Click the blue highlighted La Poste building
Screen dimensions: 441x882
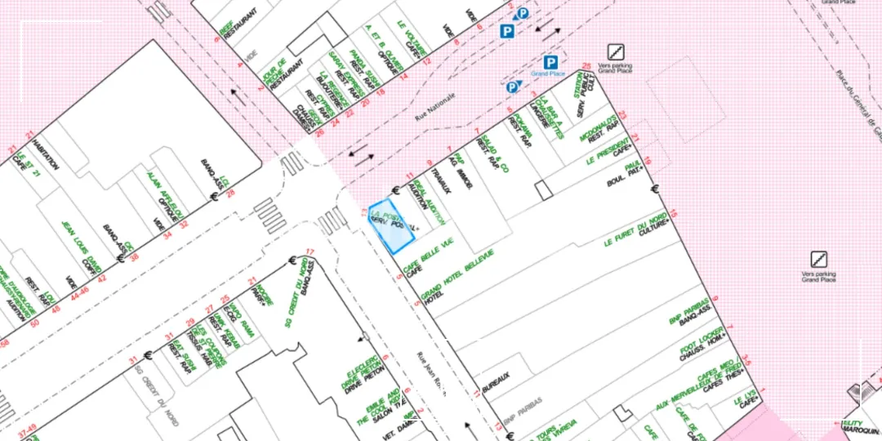[391, 225]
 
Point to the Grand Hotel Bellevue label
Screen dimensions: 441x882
[457, 274]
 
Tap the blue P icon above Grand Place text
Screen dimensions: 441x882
[550, 62]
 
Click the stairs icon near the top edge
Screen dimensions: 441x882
[614, 52]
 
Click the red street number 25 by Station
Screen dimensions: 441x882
[586, 66]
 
